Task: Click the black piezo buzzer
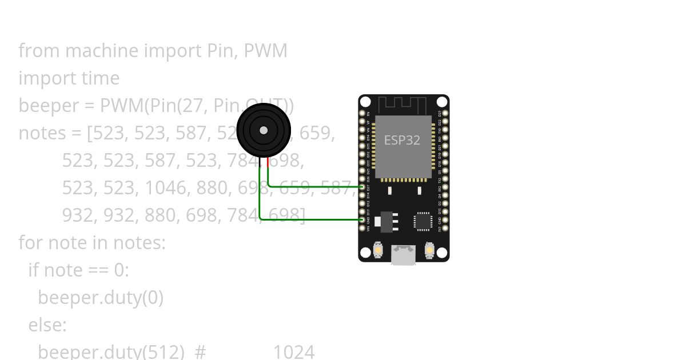(x=264, y=130)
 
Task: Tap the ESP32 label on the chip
(x=402, y=140)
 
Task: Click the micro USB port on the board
(x=403, y=255)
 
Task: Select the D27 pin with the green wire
(x=362, y=187)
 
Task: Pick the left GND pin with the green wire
(x=362, y=219)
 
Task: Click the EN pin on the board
(x=362, y=113)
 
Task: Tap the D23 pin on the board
(x=445, y=113)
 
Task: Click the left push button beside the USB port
(x=378, y=250)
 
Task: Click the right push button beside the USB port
(x=429, y=250)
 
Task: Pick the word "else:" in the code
(x=47, y=325)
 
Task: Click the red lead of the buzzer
(x=268, y=162)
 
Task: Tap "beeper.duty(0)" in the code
(x=101, y=298)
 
